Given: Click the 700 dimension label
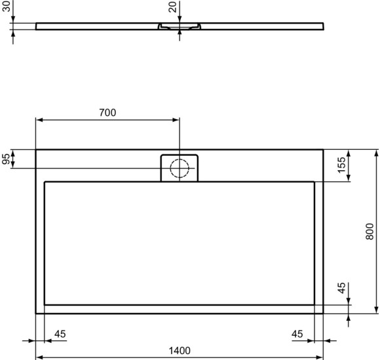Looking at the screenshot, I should [107, 113].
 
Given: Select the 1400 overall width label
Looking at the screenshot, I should [180, 350].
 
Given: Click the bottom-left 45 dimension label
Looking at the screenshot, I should [60, 334].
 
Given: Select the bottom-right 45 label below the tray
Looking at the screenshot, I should [297, 334].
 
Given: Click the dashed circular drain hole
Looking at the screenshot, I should [179, 169].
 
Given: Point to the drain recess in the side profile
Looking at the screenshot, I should [179, 27].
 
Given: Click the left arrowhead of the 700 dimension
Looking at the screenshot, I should [39, 120].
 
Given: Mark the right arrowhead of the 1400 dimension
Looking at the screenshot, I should [320, 357].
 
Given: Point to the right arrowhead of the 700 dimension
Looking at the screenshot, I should [176, 120].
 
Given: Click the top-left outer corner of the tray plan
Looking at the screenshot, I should [35, 149].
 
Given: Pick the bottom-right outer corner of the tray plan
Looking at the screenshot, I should [324, 314].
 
